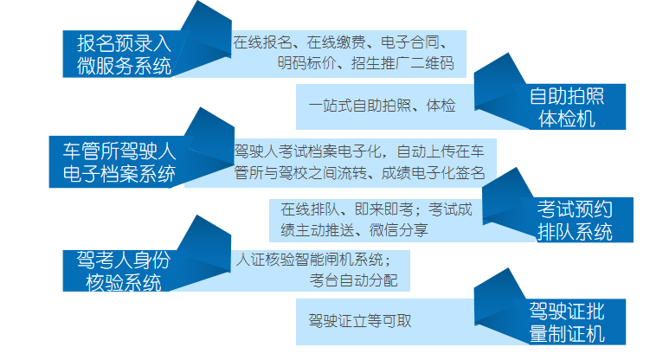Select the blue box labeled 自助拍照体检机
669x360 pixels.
[x=567, y=107]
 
